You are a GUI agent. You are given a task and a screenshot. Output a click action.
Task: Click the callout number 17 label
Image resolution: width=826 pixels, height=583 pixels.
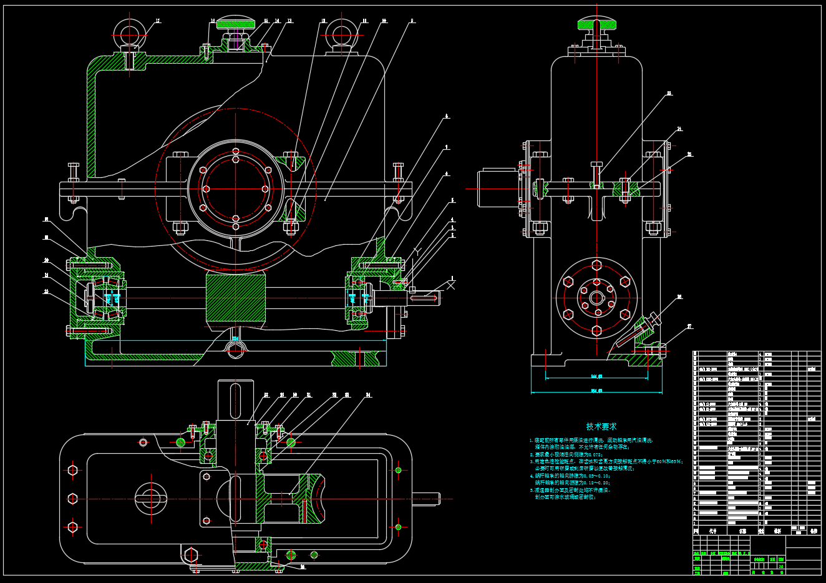158,21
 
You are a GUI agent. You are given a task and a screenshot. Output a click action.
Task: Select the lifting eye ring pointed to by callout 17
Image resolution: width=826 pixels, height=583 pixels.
129,31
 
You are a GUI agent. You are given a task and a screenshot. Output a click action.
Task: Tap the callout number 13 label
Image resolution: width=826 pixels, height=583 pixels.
289,21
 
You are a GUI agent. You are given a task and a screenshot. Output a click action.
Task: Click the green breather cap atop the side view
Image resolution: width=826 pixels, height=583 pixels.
596,24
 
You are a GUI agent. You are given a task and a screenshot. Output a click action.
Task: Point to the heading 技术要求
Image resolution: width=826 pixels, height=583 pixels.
601,426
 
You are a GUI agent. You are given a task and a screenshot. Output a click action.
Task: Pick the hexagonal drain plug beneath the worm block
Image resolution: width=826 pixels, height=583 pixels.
236,351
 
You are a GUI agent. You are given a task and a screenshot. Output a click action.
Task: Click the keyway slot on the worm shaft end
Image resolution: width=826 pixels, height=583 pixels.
424,298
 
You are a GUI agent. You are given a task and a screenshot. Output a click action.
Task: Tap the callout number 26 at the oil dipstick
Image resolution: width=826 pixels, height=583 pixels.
679,297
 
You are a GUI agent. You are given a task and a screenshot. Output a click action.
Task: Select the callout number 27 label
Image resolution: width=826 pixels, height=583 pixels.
689,326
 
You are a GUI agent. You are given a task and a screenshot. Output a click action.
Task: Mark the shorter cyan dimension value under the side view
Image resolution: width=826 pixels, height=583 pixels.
596,376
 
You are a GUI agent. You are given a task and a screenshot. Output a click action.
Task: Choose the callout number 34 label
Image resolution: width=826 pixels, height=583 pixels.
368,395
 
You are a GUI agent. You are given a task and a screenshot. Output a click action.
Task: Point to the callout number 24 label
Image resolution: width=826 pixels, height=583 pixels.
679,129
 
